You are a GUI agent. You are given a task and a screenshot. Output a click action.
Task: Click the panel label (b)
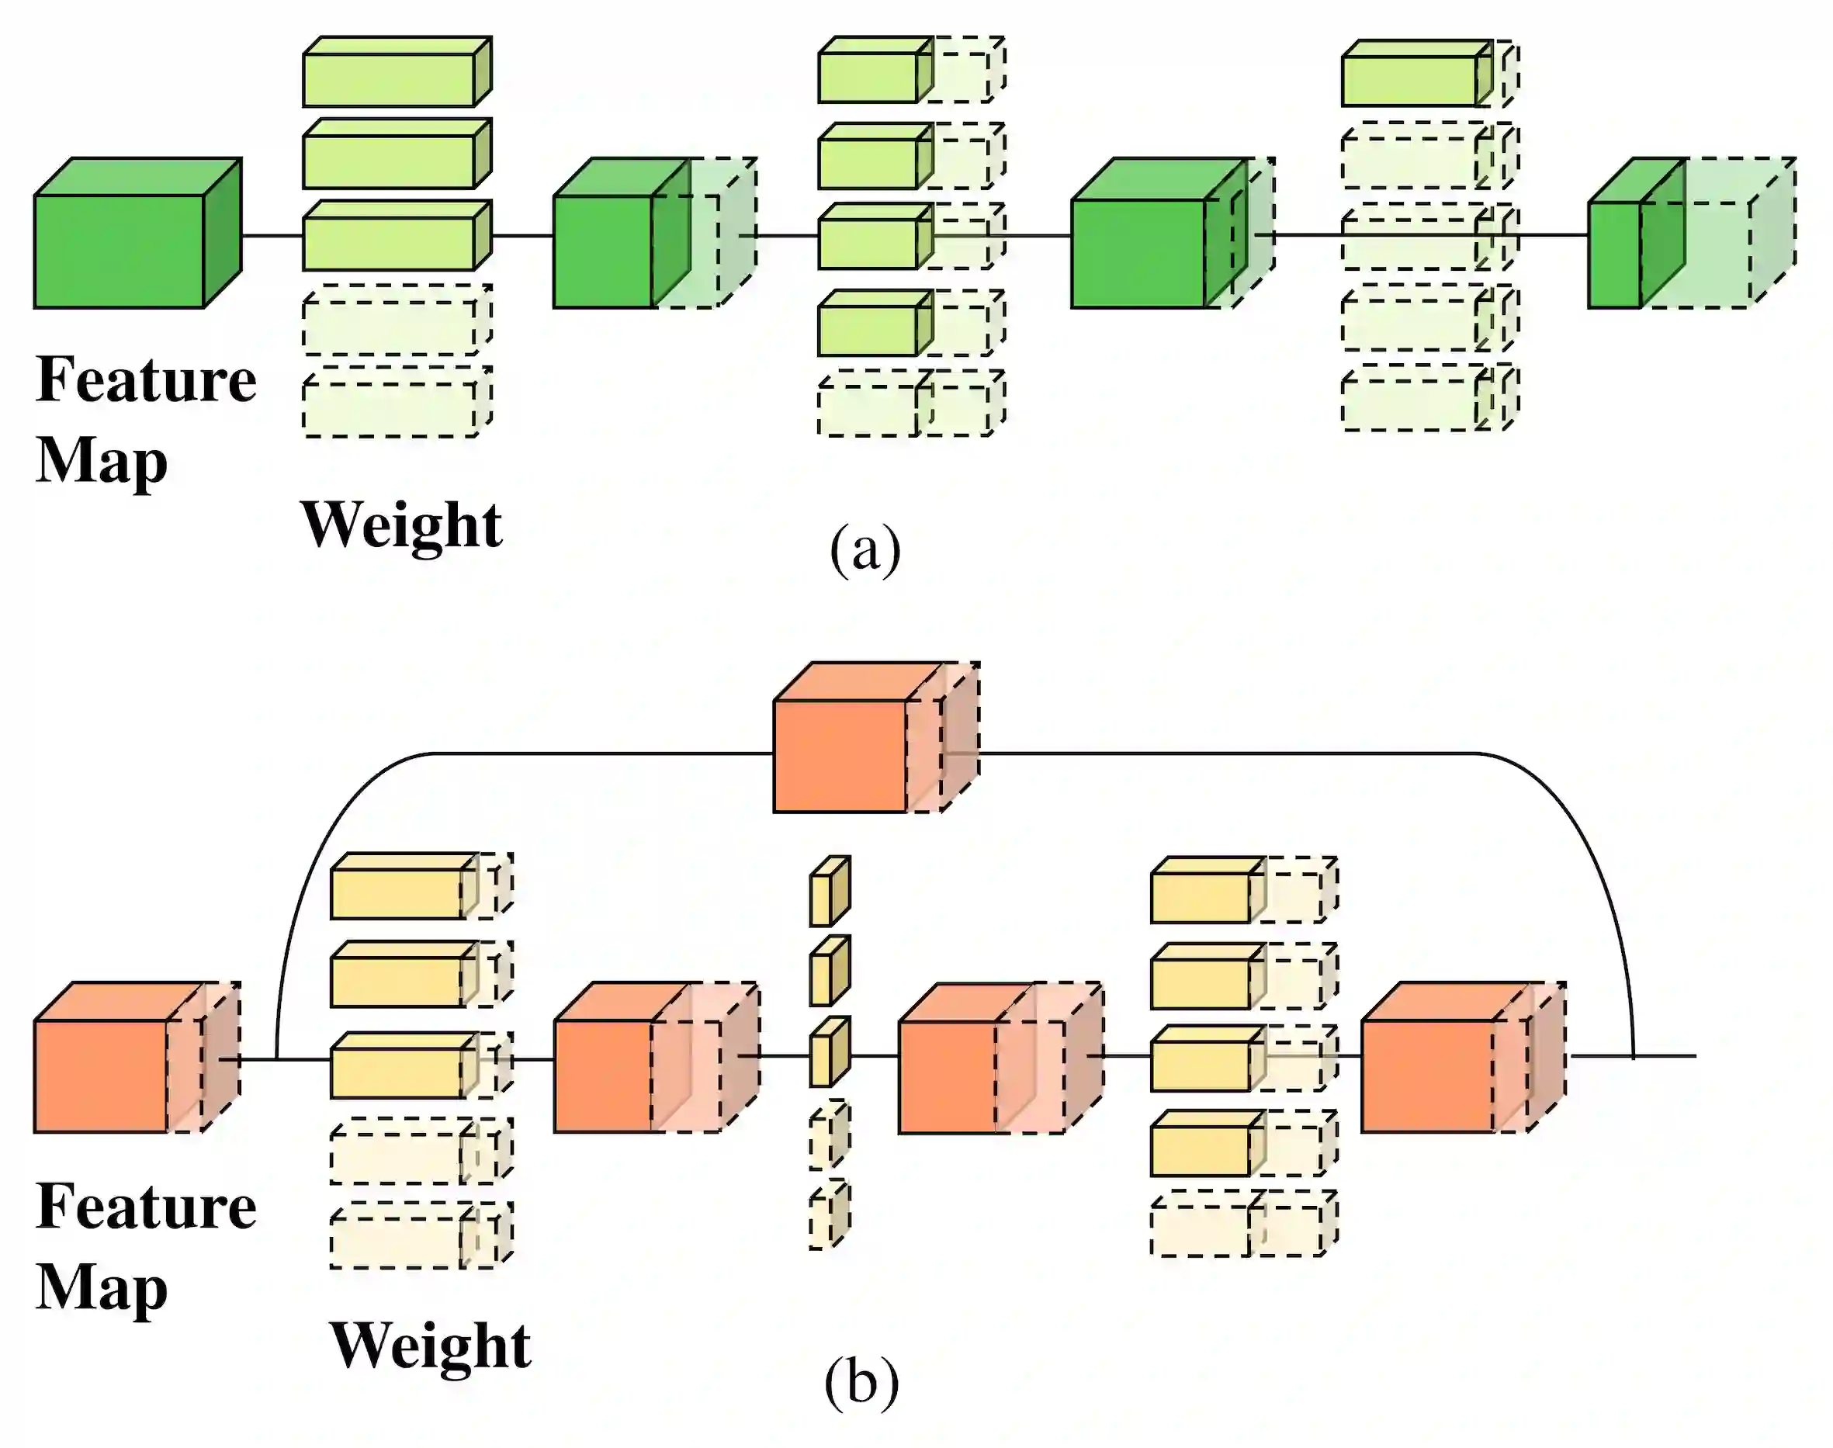pyautogui.click(x=861, y=1383)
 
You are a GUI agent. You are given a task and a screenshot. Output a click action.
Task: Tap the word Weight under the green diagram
pyautogui.click(x=402, y=525)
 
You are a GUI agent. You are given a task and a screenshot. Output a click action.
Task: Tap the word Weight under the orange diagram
pyautogui.click(x=431, y=1346)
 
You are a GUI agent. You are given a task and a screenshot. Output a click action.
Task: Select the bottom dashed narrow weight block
pyautogui.click(x=827, y=1218)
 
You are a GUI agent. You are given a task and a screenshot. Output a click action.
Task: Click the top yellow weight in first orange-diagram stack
pyautogui.click(x=403, y=889)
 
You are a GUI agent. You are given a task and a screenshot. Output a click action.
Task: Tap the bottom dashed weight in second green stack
pyautogui.click(x=907, y=405)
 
